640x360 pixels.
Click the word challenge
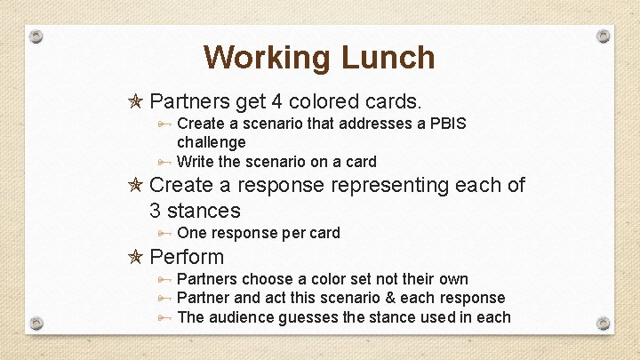tap(211, 142)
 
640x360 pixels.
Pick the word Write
tap(196, 162)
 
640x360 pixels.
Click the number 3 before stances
tap(156, 211)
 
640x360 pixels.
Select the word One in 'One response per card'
tap(192, 233)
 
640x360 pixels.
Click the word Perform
tap(187, 258)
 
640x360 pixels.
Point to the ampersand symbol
tap(385, 298)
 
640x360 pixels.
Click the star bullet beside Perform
tap(136, 258)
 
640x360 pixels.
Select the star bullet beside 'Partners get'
tap(136, 100)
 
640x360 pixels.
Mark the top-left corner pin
tap(36, 36)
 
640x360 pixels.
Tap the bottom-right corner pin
tap(603, 322)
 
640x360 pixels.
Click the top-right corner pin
tap(603, 36)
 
